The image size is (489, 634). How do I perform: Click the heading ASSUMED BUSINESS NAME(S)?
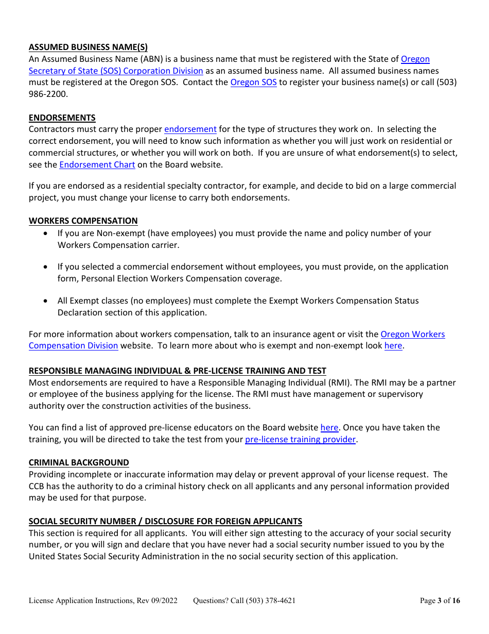tap(88, 47)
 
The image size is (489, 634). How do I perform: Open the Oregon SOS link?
tap(253, 82)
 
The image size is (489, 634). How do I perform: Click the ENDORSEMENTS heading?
tap(62, 118)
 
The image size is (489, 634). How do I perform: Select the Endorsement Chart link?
tap(97, 165)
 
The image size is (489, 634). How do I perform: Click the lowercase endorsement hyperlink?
tap(190, 129)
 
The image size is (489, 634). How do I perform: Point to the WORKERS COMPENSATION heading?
tap(83, 221)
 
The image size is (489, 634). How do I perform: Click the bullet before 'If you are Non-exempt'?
tap(47, 233)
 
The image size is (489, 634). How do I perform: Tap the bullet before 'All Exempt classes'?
tap(47, 301)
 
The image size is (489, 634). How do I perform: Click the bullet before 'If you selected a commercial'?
tap(47, 267)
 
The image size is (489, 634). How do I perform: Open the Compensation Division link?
tap(73, 346)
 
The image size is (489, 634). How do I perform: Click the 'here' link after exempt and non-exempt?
tap(393, 346)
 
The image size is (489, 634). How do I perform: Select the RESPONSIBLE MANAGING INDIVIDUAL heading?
tap(177, 371)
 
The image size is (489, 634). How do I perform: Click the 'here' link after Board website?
tap(329, 428)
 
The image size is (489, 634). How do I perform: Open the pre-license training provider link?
tap(300, 440)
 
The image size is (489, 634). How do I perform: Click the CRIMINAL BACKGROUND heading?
tap(79, 463)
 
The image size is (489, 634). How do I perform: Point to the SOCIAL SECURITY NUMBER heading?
tap(165, 522)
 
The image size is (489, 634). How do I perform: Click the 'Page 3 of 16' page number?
tap(440, 600)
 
